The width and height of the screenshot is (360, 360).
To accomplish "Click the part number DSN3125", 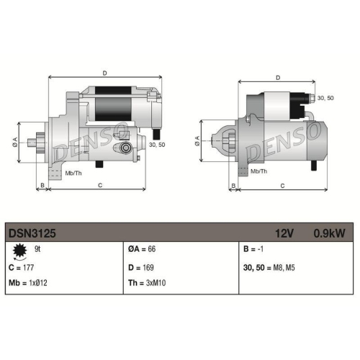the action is coord(32,233).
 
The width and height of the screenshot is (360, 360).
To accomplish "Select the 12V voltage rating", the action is coord(284,233).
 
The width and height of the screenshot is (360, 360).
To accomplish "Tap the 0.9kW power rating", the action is coord(329,233).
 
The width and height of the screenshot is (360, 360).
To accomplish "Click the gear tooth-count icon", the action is coord(19,251).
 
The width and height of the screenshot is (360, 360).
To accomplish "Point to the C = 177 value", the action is coord(21,267).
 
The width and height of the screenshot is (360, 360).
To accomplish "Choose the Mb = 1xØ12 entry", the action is coord(28,283).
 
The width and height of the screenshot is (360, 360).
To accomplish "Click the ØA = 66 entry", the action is coord(142,249).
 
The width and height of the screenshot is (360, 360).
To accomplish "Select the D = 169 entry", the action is coord(141,267).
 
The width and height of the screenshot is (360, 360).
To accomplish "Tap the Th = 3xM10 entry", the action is coord(147,283).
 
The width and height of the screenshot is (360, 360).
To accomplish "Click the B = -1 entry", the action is coord(253,249).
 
